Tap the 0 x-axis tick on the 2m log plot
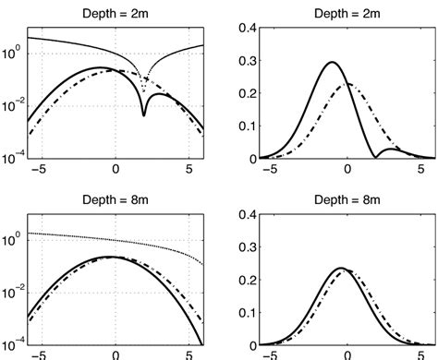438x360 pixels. [116, 170]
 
